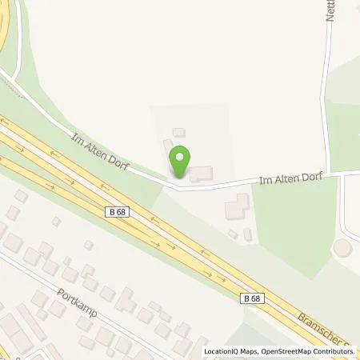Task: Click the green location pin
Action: tap(181, 162)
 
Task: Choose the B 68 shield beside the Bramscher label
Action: tap(250, 298)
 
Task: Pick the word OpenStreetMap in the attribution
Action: tap(283, 351)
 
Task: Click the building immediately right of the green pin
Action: tap(201, 173)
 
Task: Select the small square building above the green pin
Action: tap(179, 132)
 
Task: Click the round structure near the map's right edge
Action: tap(344, 248)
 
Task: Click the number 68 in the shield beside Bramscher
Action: tap(254, 298)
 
